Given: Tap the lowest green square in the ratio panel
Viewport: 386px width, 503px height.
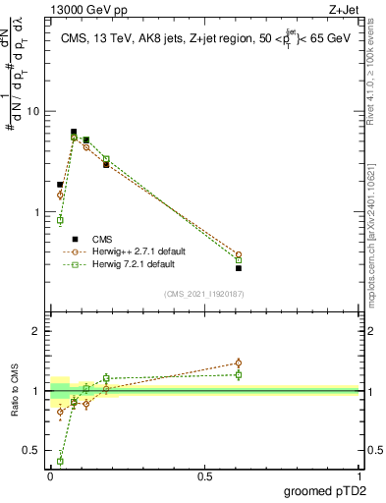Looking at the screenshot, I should [x=60, y=461].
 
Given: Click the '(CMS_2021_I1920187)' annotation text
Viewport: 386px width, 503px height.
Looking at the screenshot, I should [x=203, y=294].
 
